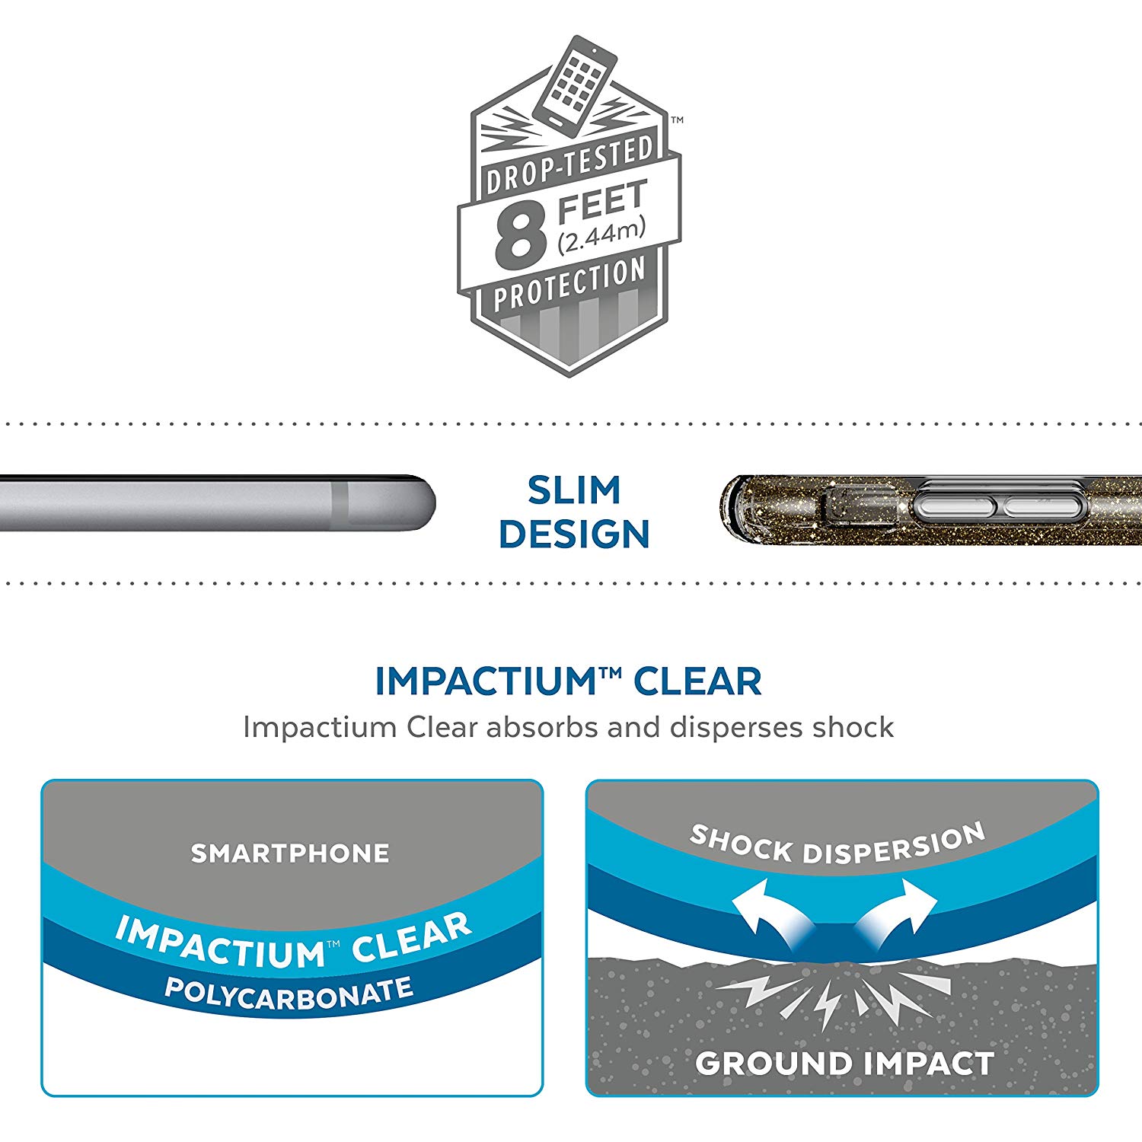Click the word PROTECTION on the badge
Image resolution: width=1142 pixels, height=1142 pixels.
569,284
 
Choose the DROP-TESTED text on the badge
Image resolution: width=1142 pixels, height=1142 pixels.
569,167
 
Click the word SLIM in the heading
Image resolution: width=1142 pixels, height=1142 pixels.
574,490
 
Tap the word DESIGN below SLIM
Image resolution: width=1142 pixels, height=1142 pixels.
574,534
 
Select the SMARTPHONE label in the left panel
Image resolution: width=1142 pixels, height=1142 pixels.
290,853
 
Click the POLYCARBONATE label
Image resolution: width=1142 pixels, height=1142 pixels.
289,994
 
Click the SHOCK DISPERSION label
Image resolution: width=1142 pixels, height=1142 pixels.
837,844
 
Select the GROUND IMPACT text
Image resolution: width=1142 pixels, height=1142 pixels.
844,1064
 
